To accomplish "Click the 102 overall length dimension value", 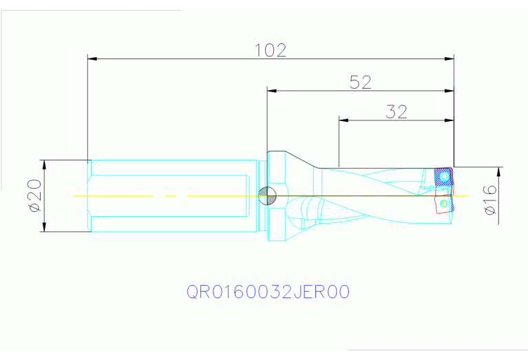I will [x=271, y=50].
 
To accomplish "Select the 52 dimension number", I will [x=361, y=83].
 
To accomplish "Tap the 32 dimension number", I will [x=397, y=112].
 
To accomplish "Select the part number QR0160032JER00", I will [x=268, y=292].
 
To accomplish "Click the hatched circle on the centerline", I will [x=267, y=195].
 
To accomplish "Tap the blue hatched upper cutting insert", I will [x=444, y=178].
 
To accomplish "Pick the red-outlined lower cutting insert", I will [x=443, y=204].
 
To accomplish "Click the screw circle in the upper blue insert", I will [x=446, y=178].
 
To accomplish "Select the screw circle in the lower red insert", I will [x=444, y=204].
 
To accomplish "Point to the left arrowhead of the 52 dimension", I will [x=272, y=90].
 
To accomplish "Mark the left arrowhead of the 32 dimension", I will [x=344, y=120].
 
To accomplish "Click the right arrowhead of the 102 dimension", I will [x=450, y=59].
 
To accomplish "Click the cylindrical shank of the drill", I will [x=172, y=195].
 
